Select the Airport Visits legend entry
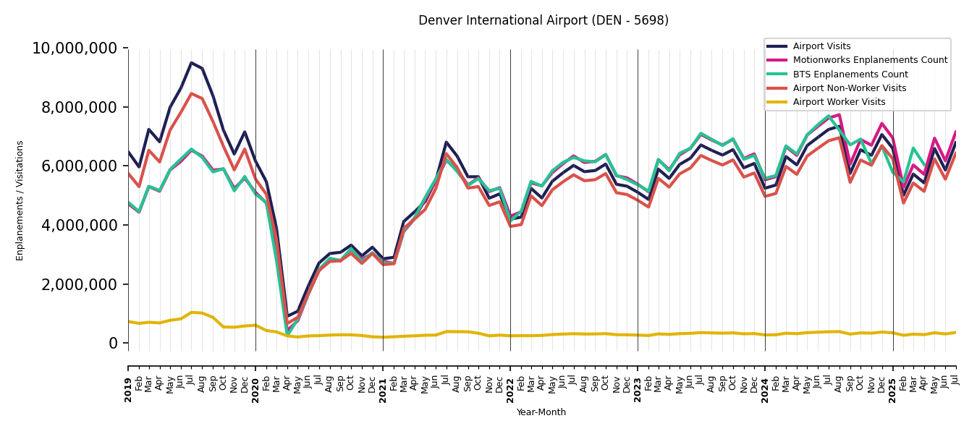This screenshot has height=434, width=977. (821, 46)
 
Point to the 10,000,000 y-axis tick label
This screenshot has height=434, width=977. (75, 48)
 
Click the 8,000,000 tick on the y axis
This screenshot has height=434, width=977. (80, 107)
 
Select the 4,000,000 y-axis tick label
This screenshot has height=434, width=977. (80, 225)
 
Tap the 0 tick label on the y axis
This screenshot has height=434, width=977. (113, 344)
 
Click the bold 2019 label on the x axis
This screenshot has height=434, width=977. (128, 389)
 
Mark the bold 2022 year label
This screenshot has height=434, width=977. (510, 389)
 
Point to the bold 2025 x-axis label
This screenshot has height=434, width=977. (893, 389)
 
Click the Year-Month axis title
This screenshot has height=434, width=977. (541, 412)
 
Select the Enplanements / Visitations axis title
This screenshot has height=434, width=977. (20, 201)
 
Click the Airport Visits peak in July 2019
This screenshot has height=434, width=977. (191, 63)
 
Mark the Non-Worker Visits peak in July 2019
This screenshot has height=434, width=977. (191, 93)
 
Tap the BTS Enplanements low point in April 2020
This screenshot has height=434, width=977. (287, 333)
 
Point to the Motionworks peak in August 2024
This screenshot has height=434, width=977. (839, 114)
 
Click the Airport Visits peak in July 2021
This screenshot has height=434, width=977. (447, 142)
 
